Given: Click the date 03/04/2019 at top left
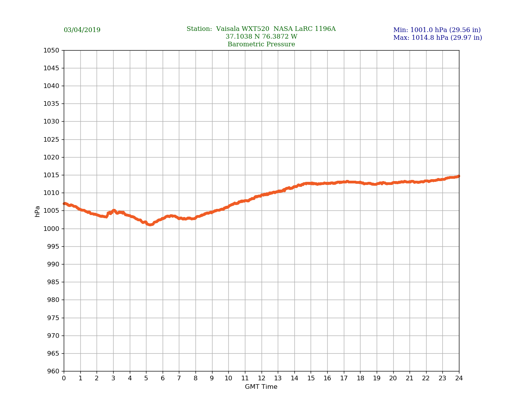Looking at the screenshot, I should coord(82,30).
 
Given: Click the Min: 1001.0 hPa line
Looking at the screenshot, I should coord(437,30).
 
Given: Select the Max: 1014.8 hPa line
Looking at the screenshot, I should coord(437,38).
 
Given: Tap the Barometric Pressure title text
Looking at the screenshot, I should coord(261,44).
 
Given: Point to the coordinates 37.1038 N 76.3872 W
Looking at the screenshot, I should coord(261,37).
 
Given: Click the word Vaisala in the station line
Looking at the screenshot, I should coord(228,29).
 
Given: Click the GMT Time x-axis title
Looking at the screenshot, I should coord(261,387).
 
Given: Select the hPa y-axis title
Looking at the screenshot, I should coord(37,211).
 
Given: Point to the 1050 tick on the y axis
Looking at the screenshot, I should coord(51,51).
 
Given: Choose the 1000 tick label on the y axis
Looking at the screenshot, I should coord(51,229).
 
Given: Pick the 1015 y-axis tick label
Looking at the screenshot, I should coord(51,175).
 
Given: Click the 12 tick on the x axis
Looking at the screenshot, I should coord(262,378).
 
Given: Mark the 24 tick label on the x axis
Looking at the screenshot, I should coord(459,378).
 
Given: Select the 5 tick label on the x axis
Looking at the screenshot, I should coord(146,378).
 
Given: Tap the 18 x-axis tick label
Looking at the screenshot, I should coord(360,378).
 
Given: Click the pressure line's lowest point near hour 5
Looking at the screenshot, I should coord(150,224).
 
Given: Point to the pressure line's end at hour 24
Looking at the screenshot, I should coord(458,176).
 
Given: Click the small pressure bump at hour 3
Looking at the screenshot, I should coord(114,211).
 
